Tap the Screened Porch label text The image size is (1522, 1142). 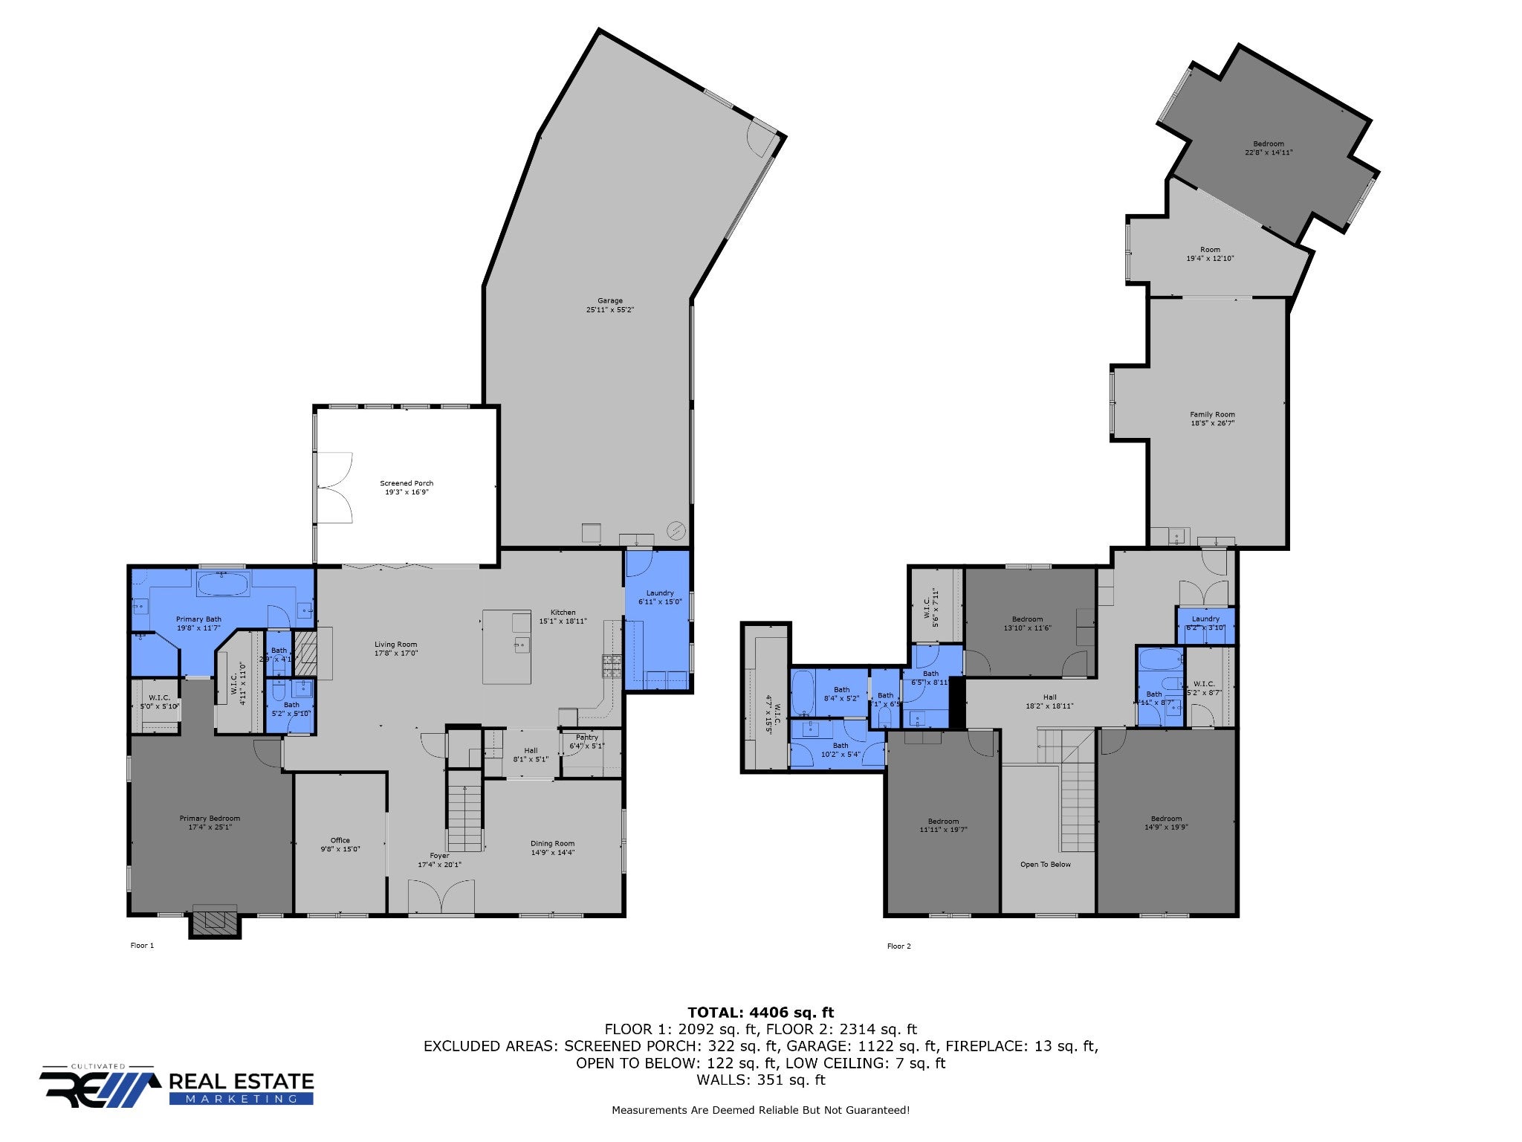pos(407,483)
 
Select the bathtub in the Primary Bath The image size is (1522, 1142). pos(222,584)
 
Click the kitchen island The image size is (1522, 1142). pos(507,646)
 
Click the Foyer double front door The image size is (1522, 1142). pos(441,897)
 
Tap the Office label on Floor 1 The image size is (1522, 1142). pos(340,840)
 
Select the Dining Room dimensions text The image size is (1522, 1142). pos(552,852)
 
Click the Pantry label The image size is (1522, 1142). pos(586,738)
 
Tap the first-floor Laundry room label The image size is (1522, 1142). pos(660,593)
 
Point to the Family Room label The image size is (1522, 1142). pos(1212,415)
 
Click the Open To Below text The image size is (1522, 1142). pos(1045,865)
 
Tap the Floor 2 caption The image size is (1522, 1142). pos(898,946)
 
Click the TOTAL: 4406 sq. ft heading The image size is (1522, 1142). pos(760,1012)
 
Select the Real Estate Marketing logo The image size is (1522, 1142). pos(177,1086)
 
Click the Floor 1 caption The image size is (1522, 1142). pos(142,946)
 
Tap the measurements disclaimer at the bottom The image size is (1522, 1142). pos(760,1110)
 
